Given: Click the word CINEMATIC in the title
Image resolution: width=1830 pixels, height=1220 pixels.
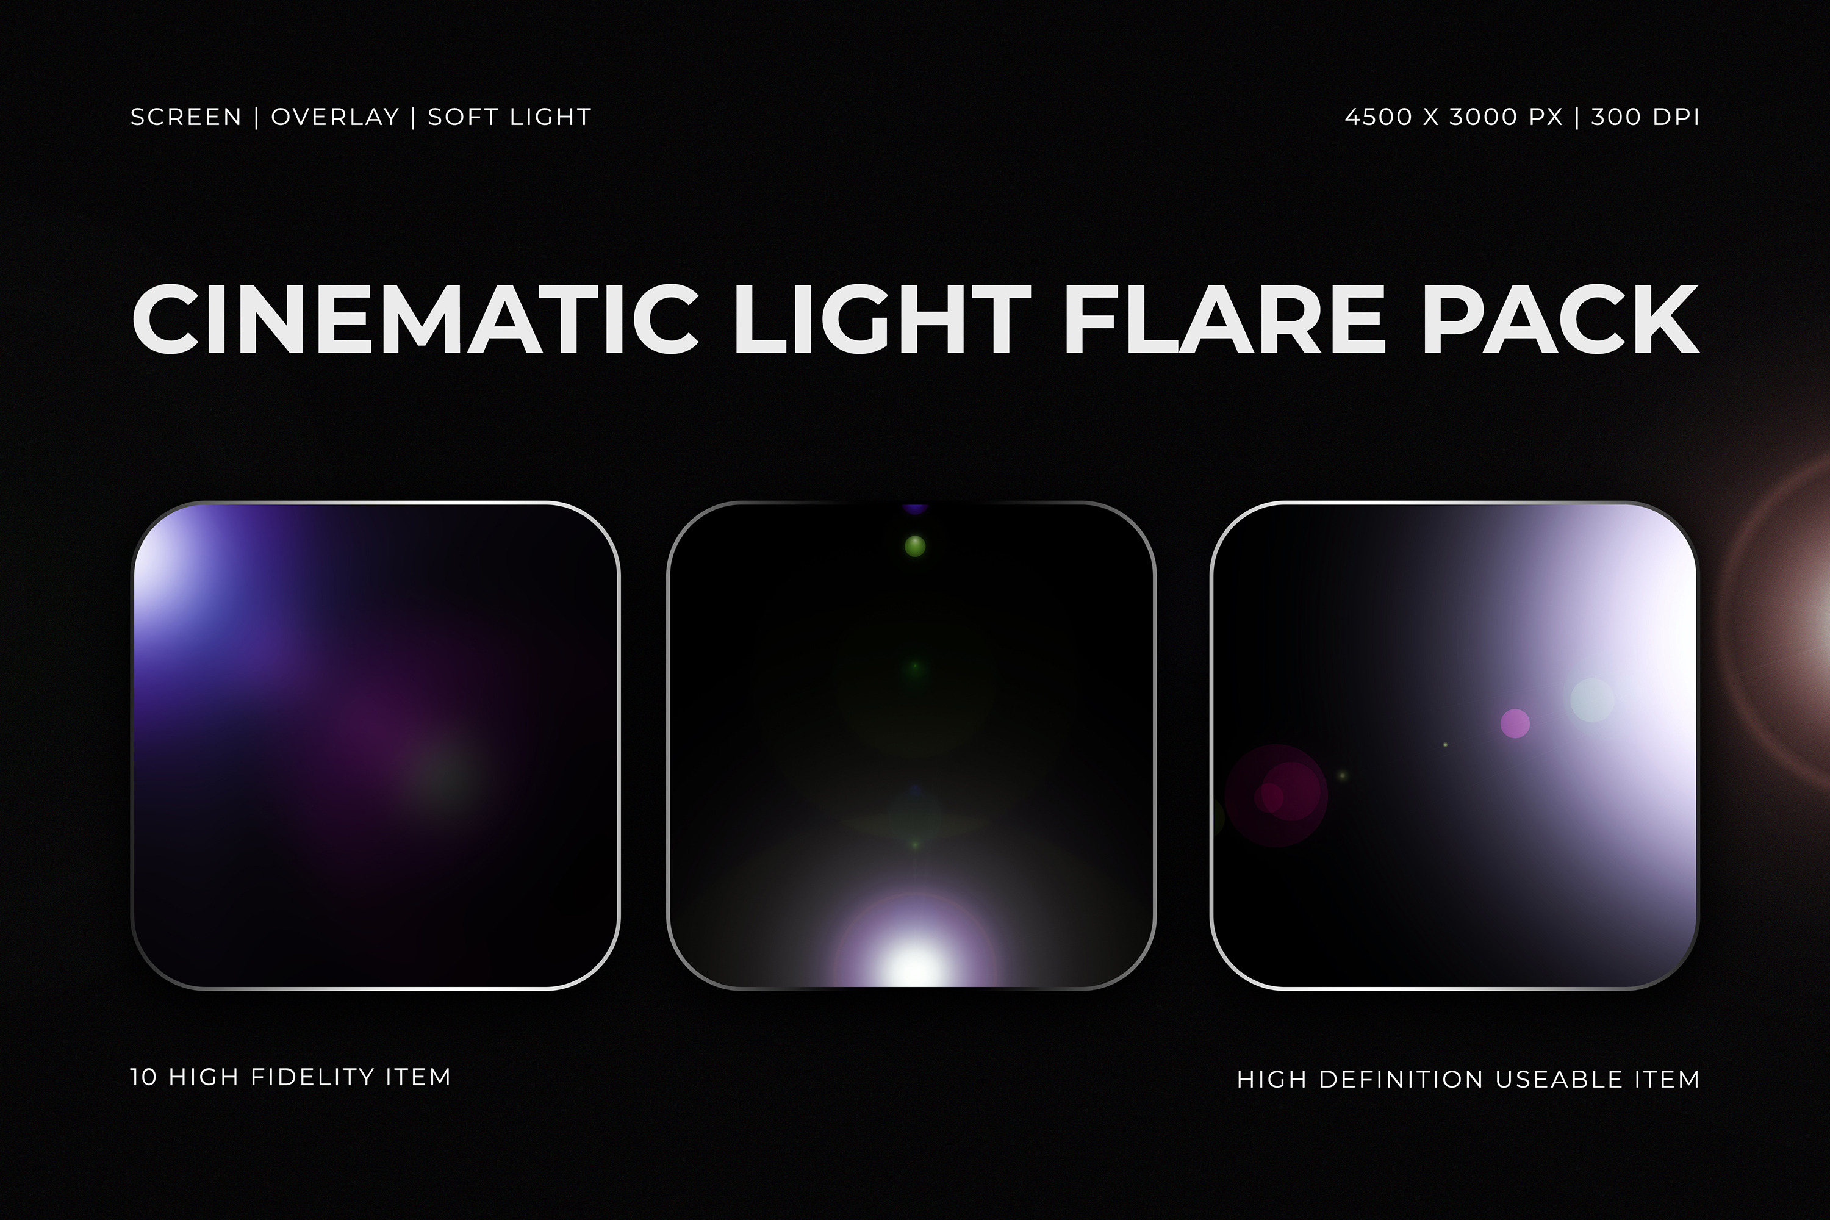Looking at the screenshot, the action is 415,319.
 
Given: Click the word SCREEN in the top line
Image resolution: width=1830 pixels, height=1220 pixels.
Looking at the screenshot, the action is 186,118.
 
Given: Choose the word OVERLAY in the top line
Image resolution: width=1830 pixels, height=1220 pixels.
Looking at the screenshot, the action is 334,118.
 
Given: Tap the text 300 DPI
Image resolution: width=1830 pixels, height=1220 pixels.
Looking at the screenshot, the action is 1645,118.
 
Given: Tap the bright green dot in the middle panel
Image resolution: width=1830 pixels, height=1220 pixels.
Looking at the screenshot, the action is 915,546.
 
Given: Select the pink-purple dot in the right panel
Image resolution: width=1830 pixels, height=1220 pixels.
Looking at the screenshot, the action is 1515,723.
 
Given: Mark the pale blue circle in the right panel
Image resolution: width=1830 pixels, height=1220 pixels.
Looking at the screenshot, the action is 1592,700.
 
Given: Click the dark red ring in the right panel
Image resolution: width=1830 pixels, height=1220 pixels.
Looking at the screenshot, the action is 1277,795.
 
